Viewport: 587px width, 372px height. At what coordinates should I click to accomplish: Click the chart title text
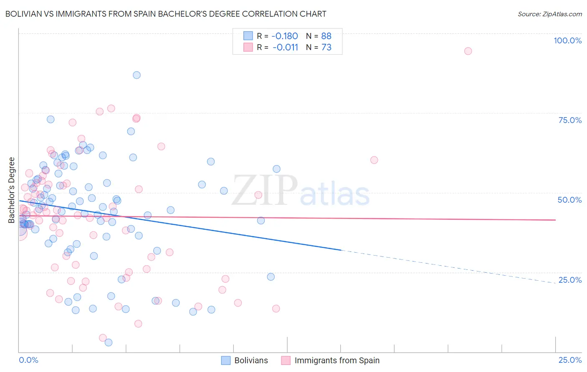coord(166,14)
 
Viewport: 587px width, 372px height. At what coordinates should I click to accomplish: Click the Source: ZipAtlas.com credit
coord(549,14)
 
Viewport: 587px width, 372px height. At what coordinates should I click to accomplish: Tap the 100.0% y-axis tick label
coord(567,40)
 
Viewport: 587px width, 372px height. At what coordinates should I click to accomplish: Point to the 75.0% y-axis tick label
coord(570,120)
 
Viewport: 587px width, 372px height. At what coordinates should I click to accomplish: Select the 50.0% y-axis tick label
coord(569,200)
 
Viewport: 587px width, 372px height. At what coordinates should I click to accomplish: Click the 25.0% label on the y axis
coord(570,280)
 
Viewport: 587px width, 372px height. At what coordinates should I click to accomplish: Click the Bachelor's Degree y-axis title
coord(11,190)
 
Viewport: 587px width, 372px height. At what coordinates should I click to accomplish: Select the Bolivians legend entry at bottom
coord(245,361)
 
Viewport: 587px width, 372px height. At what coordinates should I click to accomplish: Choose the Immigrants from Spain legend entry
coord(331,361)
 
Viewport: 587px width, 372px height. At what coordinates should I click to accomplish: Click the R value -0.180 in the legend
coord(284,36)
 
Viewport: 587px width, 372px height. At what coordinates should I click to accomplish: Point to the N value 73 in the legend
coord(326,48)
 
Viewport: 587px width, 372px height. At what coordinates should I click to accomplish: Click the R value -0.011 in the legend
coord(285,48)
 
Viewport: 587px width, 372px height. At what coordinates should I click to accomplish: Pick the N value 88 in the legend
coord(326,36)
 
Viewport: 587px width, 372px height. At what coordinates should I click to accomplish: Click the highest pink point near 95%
coord(468,51)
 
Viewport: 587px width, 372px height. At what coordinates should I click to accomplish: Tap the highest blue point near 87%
coord(137,75)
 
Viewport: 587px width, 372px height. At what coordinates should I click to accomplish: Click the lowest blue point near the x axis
coord(109,342)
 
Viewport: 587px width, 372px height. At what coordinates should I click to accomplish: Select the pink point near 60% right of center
coord(374,160)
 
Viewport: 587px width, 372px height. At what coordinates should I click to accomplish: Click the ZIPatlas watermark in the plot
coord(301,191)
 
